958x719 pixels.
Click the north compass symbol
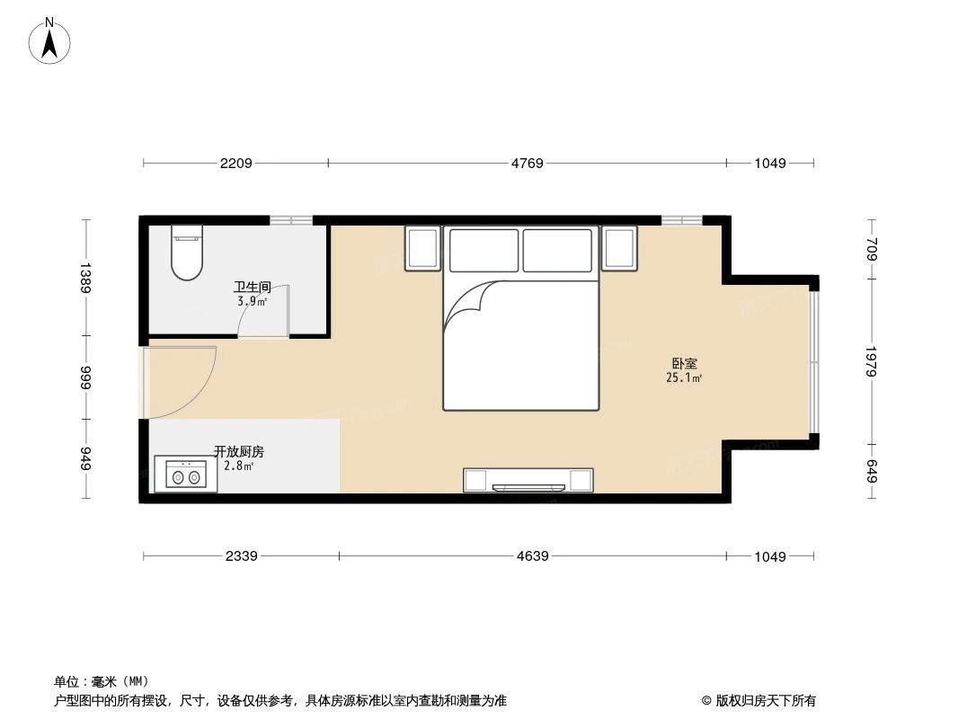(x=51, y=40)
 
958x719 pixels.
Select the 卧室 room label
(x=684, y=364)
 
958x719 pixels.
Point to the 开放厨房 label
(x=238, y=452)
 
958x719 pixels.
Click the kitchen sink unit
(x=186, y=475)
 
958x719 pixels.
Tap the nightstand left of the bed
(x=422, y=248)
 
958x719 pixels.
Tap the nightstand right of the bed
(x=619, y=248)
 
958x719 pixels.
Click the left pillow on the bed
(x=483, y=250)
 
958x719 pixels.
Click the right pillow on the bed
(x=558, y=250)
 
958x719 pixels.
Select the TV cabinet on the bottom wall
(x=528, y=481)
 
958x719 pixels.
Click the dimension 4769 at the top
(x=527, y=164)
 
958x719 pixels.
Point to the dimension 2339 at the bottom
(x=241, y=556)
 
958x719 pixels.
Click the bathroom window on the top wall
(x=291, y=220)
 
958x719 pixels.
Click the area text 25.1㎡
(x=684, y=378)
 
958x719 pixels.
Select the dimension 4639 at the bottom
(x=532, y=556)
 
